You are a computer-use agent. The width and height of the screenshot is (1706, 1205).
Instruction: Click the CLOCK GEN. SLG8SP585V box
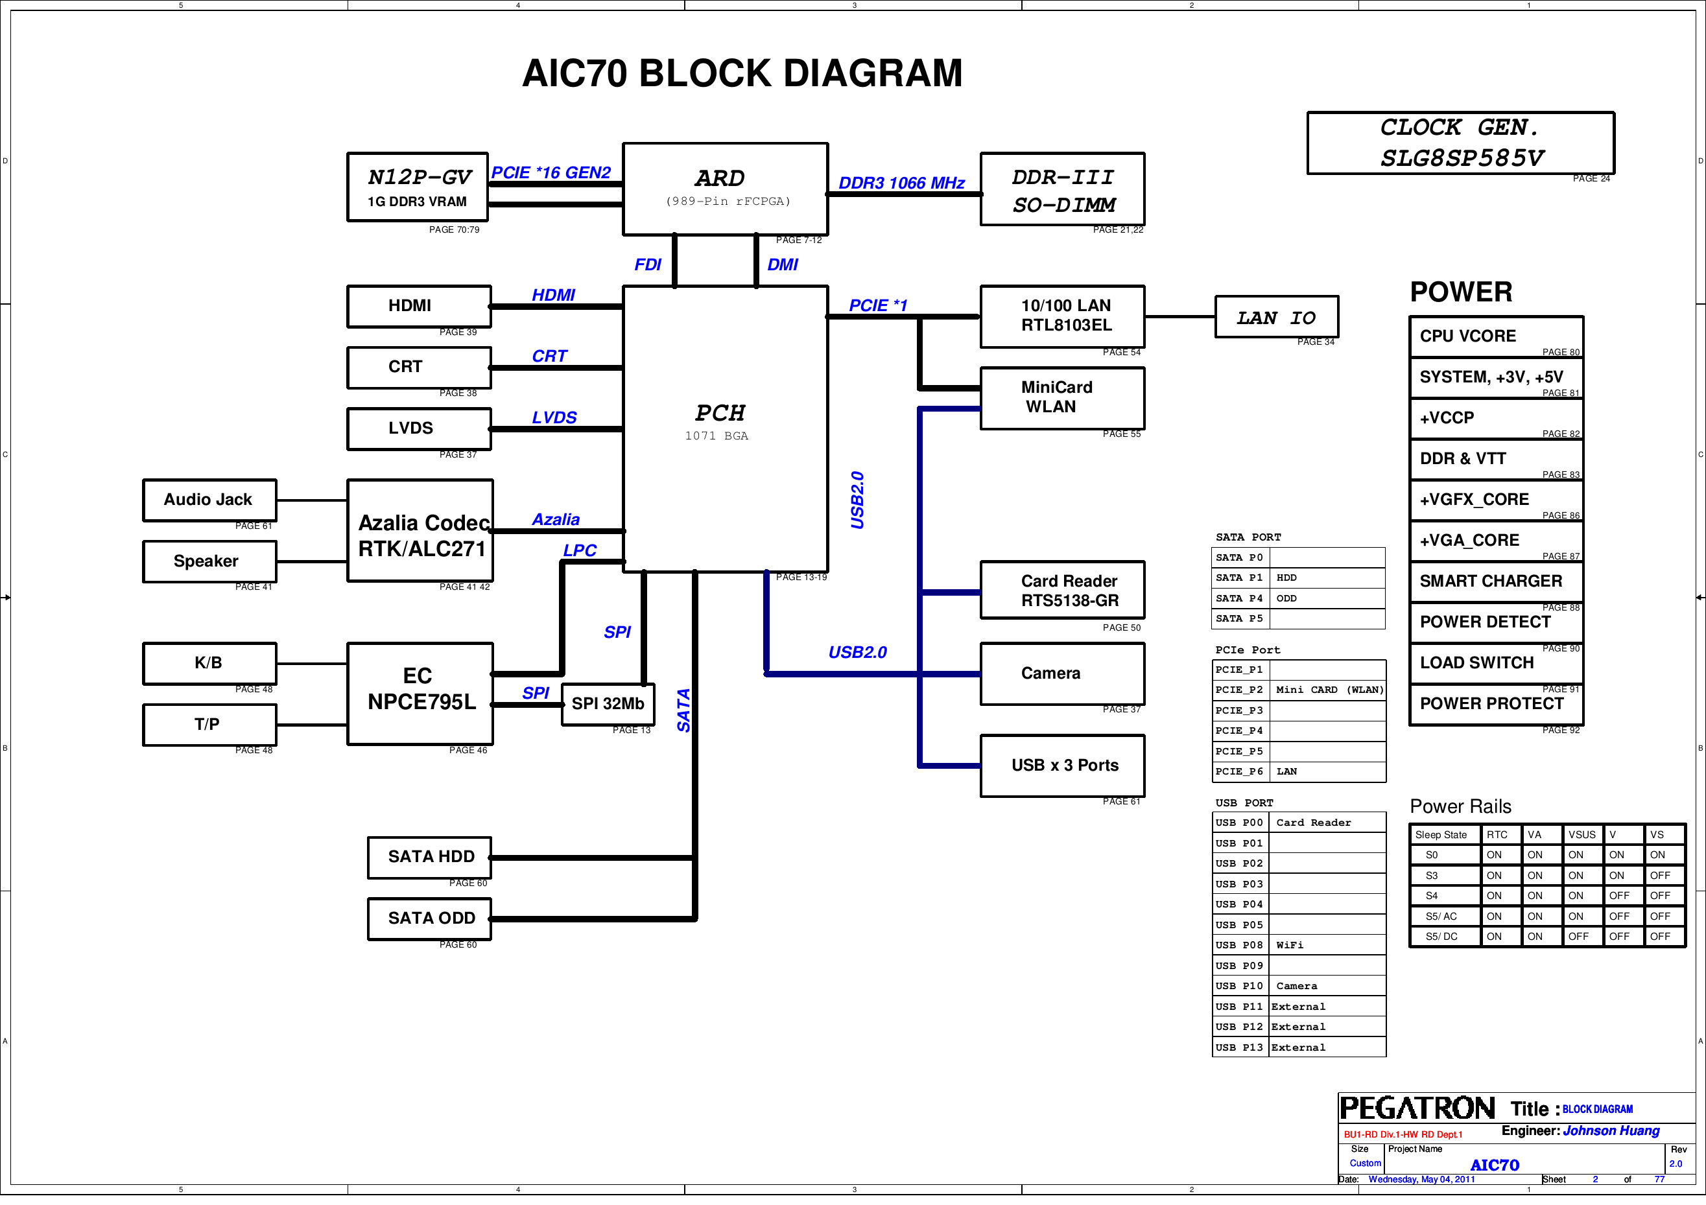(x=1460, y=143)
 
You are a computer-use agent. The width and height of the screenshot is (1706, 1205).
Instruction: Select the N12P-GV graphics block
(x=418, y=187)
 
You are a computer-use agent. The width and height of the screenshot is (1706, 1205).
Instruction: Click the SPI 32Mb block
(x=607, y=705)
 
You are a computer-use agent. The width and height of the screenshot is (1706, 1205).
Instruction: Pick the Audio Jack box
(x=209, y=500)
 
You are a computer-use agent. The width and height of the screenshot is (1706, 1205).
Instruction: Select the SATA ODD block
(x=430, y=919)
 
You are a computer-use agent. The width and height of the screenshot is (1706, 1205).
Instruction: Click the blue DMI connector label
(x=783, y=265)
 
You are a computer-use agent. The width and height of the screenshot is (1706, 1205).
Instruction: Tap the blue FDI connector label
(x=647, y=265)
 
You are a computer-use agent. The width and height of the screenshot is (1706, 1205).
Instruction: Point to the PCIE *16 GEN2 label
(x=551, y=173)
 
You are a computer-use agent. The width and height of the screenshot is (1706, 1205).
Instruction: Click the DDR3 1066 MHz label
(x=901, y=183)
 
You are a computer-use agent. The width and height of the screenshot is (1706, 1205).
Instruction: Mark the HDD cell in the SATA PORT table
(x=1326, y=578)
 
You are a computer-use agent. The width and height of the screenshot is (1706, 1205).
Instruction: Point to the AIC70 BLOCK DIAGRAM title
(x=742, y=73)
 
